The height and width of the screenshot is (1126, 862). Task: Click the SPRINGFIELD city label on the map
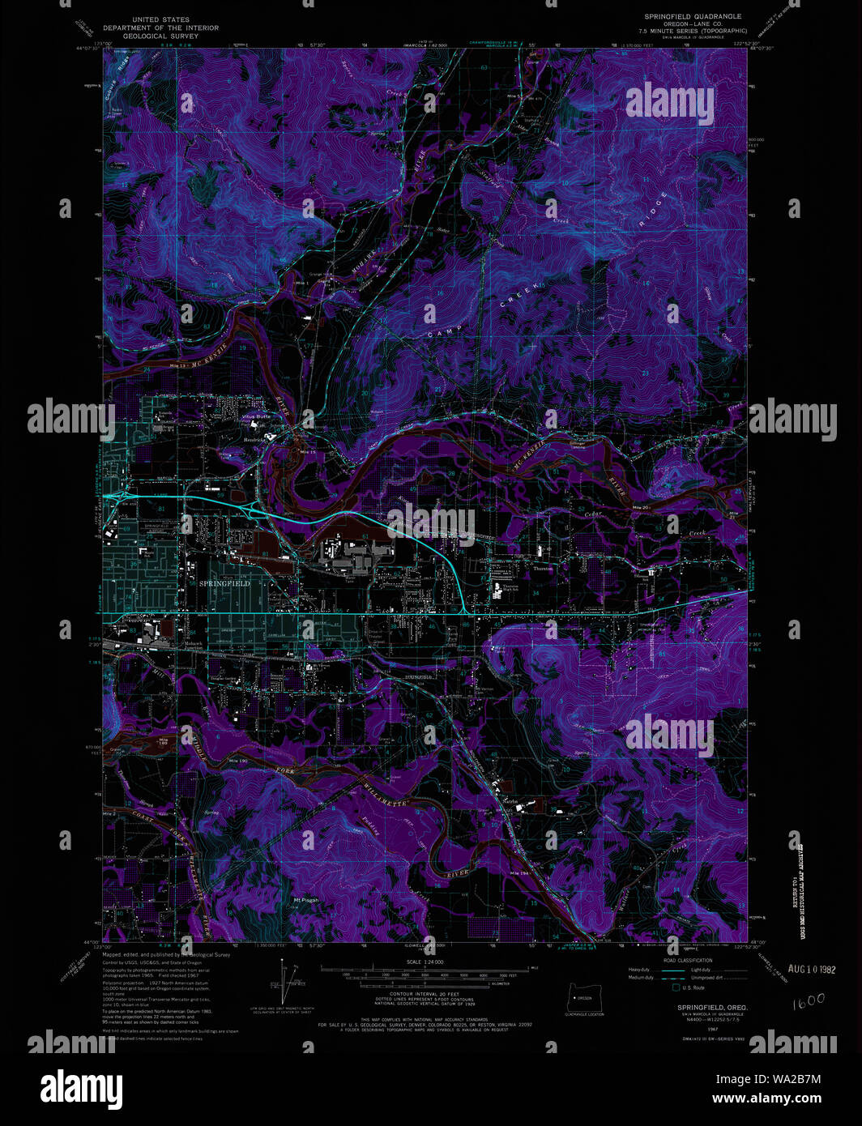(224, 583)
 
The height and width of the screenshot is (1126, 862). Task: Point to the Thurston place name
(542, 569)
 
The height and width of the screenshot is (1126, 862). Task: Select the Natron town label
(510, 798)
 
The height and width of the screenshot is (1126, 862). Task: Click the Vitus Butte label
(256, 417)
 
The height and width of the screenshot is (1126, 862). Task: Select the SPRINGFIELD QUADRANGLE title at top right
(693, 16)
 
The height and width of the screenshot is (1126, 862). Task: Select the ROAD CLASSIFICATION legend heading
(687, 960)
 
